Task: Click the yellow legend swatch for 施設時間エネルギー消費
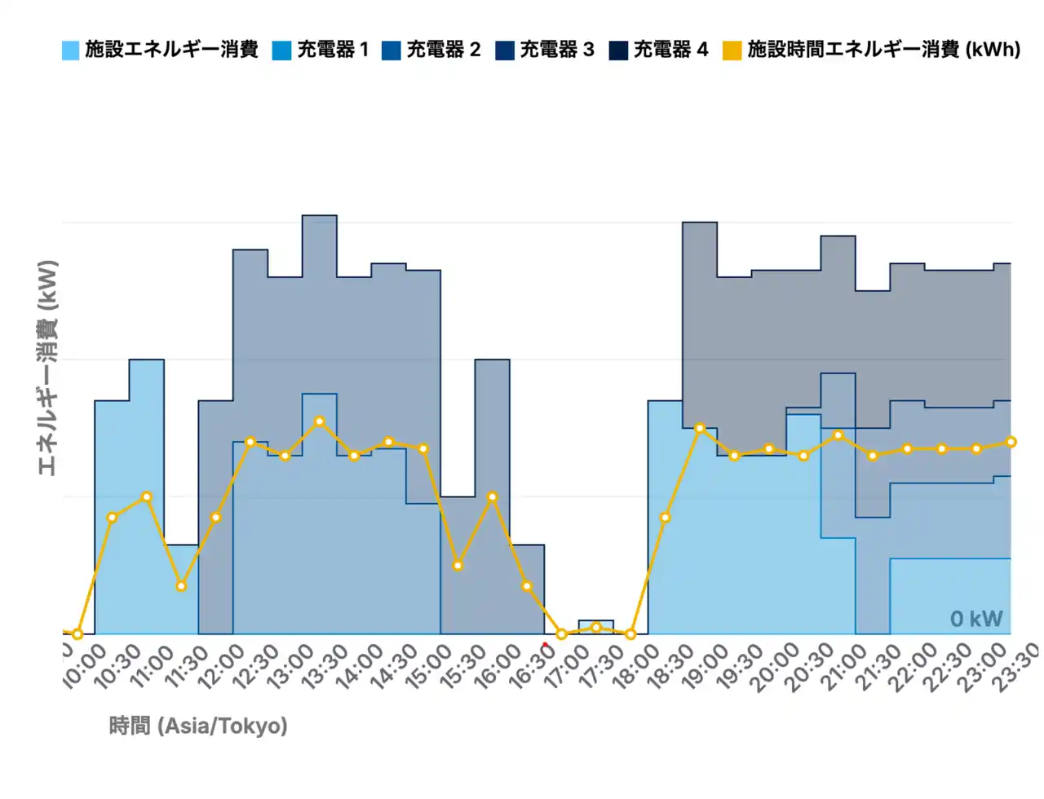732,51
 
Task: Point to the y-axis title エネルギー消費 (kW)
48,368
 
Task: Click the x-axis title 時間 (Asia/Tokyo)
198,726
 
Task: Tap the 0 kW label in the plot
975,619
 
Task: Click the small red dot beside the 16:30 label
545,645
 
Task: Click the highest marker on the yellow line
320,422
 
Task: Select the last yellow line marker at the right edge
1011,442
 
